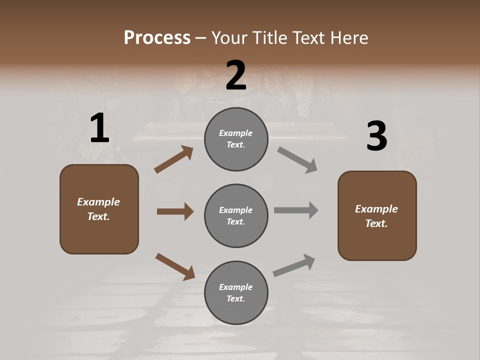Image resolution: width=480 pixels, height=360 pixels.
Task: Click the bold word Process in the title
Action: pyautogui.click(x=157, y=37)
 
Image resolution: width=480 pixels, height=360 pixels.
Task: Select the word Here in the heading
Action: pyautogui.click(x=348, y=37)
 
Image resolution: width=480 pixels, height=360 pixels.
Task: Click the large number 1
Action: pyautogui.click(x=99, y=128)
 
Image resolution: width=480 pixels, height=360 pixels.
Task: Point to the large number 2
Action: pyautogui.click(x=236, y=75)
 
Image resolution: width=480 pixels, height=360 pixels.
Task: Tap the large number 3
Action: pyautogui.click(x=376, y=136)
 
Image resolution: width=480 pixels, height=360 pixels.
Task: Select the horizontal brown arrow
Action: pyautogui.click(x=175, y=211)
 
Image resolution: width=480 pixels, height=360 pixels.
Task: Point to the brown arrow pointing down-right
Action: pyautogui.click(x=175, y=266)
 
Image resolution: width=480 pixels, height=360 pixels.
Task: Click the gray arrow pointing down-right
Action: pyautogui.click(x=297, y=160)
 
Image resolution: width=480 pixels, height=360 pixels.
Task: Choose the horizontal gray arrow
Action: pyautogui.click(x=296, y=210)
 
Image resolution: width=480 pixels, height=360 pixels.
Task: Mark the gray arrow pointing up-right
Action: pyautogui.click(x=294, y=265)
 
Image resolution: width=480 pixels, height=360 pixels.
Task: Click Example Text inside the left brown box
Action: pyautogui.click(x=98, y=209)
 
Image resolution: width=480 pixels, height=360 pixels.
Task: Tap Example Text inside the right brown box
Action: pyautogui.click(x=376, y=216)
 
